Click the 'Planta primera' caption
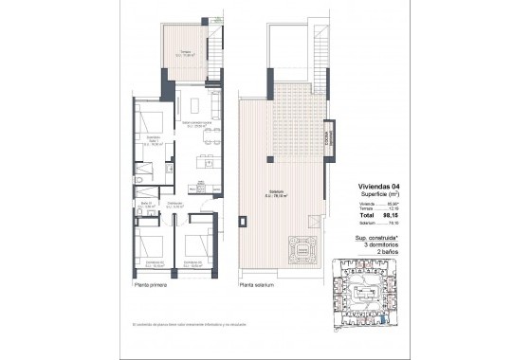point(151,283)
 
